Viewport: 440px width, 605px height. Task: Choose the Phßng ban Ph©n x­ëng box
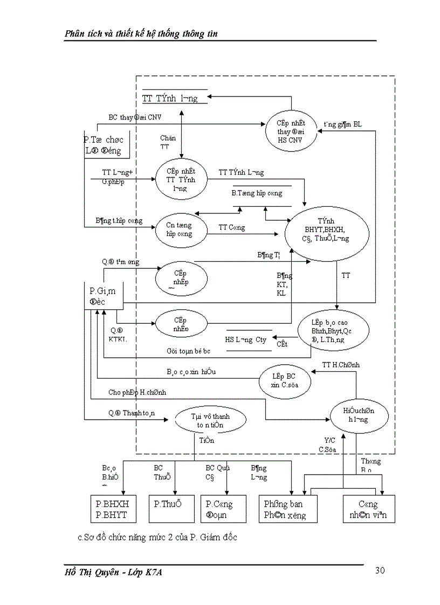tap(287, 509)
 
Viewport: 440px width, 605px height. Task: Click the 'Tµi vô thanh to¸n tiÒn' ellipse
tap(210, 420)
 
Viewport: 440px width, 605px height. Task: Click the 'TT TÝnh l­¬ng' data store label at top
tap(170, 98)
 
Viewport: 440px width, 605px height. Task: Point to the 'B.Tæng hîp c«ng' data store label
tap(257, 193)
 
